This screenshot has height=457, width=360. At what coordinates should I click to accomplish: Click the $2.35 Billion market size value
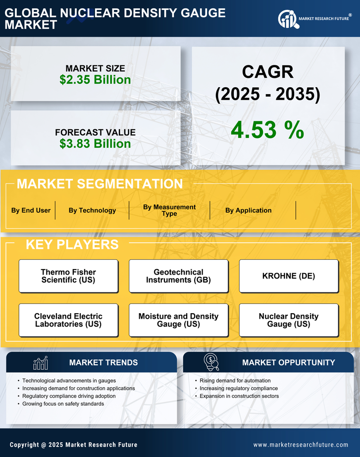pos(95,80)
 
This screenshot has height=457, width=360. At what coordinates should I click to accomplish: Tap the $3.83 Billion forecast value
pos(95,144)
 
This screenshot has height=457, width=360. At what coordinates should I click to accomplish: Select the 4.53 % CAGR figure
pos(267,130)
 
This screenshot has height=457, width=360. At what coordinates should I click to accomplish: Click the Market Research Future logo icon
pos(287,19)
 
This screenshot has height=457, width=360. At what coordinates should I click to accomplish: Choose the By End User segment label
pos(31,210)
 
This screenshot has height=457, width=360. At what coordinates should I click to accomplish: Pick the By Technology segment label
pos(92,210)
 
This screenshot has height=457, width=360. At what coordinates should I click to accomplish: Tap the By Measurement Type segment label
pos(169,210)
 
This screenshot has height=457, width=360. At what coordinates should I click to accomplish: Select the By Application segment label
pos(248,210)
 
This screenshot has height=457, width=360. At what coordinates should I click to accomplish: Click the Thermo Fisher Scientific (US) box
pos(68,276)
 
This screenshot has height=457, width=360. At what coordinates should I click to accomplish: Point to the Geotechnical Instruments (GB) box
pos(178,276)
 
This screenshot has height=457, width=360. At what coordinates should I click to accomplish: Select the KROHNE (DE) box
pos(289,276)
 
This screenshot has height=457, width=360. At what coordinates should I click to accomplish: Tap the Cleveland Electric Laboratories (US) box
pos(68,320)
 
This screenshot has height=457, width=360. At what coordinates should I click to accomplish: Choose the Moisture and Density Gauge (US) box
pos(178,320)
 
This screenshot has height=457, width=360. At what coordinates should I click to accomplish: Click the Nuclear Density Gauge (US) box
pos(289,320)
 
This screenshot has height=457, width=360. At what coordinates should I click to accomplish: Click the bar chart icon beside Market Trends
pos(40,363)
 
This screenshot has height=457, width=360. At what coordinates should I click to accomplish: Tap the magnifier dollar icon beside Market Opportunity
pos(211,362)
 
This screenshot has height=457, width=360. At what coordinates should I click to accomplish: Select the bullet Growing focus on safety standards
pos(63,404)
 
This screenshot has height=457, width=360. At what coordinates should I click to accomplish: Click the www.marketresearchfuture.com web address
pos(301,445)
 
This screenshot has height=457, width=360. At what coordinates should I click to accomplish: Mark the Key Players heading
pos(72,244)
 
